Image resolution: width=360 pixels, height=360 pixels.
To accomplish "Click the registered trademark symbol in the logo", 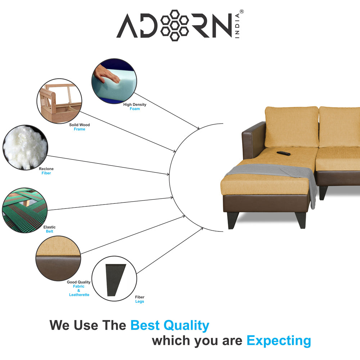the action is (242, 12).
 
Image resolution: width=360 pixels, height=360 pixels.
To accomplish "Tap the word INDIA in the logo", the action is (237, 26).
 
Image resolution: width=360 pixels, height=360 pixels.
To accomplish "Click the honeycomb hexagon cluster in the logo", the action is (175, 26).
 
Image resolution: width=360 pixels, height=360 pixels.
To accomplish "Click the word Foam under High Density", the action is (135, 109).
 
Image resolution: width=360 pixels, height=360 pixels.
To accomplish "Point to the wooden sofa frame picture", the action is (59, 101).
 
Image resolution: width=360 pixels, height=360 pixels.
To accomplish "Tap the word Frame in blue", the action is (80, 129).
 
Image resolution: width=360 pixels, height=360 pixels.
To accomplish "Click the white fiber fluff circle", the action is (25, 148).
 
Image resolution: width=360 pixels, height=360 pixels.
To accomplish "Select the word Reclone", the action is (46, 169).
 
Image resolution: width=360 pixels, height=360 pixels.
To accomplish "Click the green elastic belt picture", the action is (25, 210).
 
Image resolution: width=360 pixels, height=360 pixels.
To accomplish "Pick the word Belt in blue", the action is (49, 231).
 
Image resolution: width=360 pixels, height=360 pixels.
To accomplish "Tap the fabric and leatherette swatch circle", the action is (58, 258).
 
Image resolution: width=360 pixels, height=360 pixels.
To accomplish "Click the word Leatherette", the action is (79, 295).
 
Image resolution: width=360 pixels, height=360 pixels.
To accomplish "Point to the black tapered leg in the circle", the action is (116, 280).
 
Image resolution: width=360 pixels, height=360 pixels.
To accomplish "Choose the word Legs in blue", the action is (140, 301).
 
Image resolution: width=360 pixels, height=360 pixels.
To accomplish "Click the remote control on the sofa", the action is (284, 153).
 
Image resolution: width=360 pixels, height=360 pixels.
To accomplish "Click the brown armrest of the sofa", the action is (253, 140).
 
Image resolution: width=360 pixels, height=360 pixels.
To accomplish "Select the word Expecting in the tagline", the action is (279, 341).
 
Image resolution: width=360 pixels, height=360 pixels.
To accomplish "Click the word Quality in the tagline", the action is (186, 325).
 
